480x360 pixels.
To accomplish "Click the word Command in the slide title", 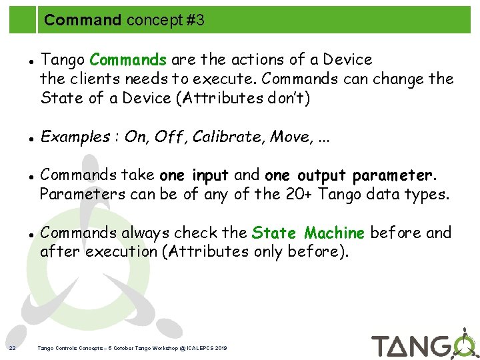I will tap(83, 21).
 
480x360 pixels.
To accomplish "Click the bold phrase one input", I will tap(194, 176).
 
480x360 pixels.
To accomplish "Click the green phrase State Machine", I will tap(308, 233).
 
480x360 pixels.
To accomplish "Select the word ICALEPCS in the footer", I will tap(198, 348).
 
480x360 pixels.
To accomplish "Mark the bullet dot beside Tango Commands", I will tap(32, 61).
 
